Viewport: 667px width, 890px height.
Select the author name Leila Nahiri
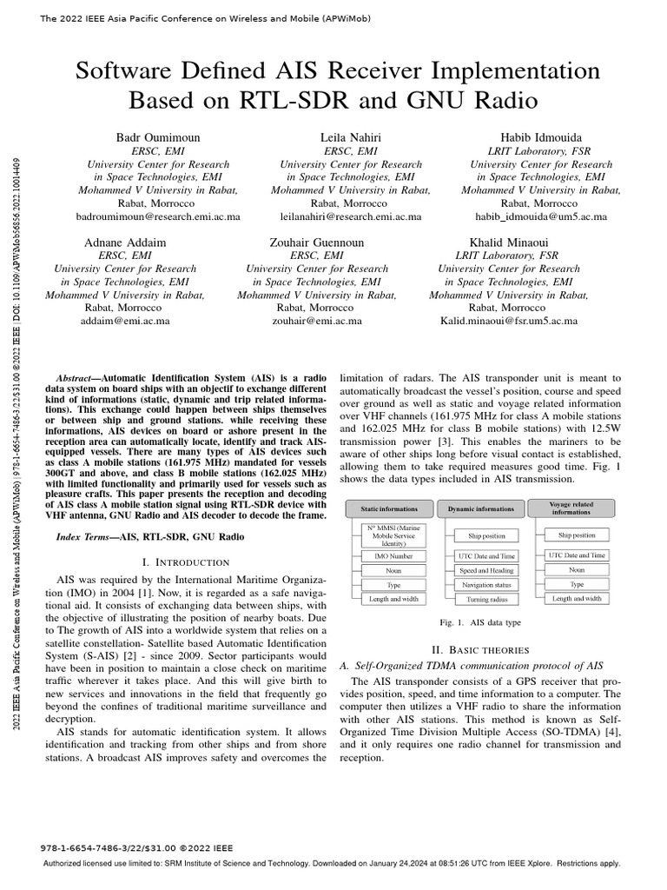[x=347, y=138]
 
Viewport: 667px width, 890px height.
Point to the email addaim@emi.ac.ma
[x=124, y=321]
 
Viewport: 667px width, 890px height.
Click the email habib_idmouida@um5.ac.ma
[x=540, y=216]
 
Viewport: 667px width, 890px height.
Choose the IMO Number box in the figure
[x=387, y=555]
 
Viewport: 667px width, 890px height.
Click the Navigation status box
[x=486, y=586]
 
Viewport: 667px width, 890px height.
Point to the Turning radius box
[x=486, y=600]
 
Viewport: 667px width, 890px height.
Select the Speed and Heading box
[x=486, y=570]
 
